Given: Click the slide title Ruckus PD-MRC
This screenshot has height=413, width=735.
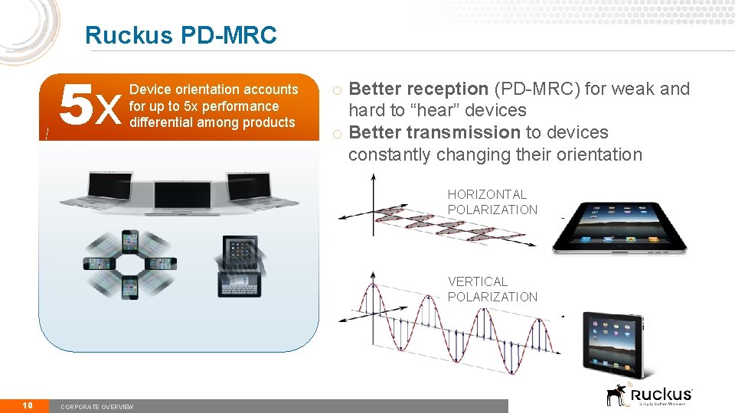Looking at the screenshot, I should (x=181, y=35).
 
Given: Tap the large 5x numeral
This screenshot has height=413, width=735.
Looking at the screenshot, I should (x=90, y=106).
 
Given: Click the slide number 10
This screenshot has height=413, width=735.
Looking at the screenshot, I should (x=27, y=405).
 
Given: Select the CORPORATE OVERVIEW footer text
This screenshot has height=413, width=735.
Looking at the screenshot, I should (x=96, y=407).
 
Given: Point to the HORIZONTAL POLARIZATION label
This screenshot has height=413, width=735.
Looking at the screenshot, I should (x=492, y=202).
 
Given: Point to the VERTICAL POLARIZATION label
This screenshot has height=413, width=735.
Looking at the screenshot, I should (x=492, y=289).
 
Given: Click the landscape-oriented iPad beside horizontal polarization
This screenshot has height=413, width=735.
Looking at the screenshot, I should (x=619, y=227).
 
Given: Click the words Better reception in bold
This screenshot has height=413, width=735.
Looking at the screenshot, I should (x=418, y=89).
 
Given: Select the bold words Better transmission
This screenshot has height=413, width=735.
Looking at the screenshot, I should (x=435, y=132).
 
